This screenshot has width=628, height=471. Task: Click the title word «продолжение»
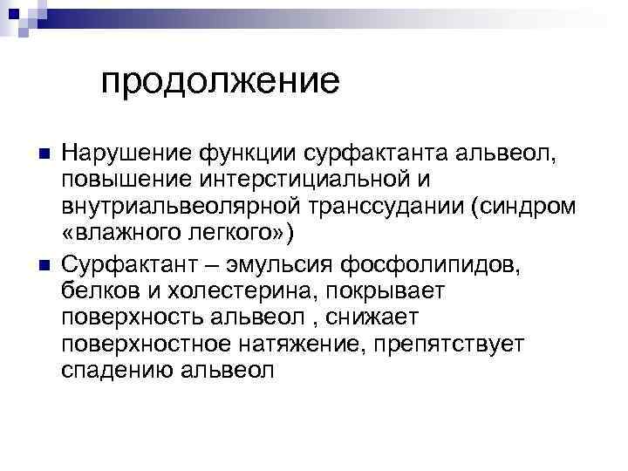[x=219, y=82]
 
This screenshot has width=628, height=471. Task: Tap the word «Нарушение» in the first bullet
[x=114, y=154]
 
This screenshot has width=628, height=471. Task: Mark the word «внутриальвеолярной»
[x=180, y=208]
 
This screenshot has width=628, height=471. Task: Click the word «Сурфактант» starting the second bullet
[x=123, y=262]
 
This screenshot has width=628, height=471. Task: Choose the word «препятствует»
[x=447, y=343]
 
